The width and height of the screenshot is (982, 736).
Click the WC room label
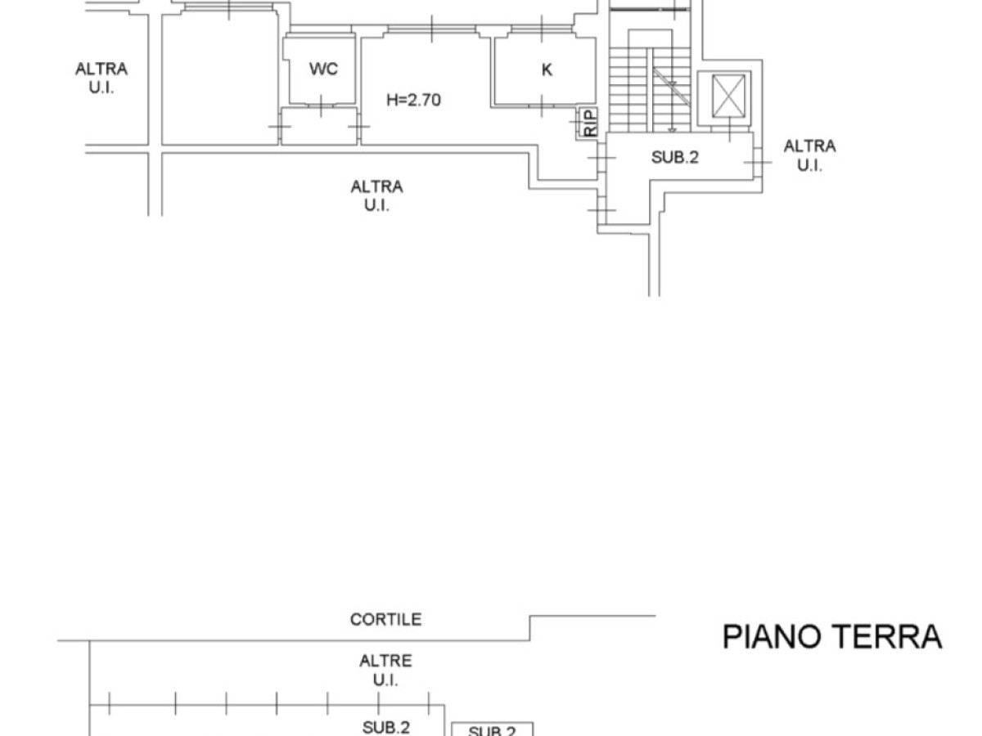[x=323, y=69]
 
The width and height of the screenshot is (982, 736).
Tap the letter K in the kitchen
[x=547, y=70]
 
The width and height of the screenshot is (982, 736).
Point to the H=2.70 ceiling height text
[x=413, y=100]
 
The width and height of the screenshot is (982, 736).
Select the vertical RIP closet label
[x=590, y=123]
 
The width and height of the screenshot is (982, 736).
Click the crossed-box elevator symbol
[x=727, y=96]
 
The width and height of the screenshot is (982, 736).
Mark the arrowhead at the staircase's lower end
[x=672, y=129]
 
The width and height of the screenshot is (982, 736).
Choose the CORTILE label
[x=385, y=619]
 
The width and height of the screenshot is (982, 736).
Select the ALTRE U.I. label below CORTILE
[x=385, y=671]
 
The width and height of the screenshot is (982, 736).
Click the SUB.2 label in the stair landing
[x=674, y=157]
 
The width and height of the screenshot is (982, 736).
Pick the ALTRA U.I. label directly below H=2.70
[x=376, y=195]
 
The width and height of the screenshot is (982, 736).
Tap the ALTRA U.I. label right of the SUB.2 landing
[x=809, y=155]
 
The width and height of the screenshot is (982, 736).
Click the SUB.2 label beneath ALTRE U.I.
[x=385, y=727]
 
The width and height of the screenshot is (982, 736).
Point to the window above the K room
[x=542, y=29]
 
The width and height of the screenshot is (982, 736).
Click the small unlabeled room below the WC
[x=319, y=126]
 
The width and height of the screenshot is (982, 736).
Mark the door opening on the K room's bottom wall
[x=542, y=106]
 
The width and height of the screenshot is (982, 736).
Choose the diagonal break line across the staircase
[x=671, y=87]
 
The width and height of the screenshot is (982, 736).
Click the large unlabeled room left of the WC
[x=219, y=79]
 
